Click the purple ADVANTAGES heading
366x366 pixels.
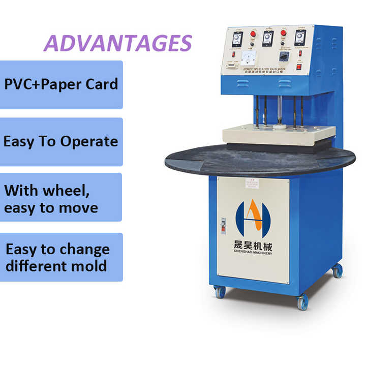pyautogui.click(x=118, y=44)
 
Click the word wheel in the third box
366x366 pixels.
pyautogui.click(x=70, y=191)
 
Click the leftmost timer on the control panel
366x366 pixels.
pyautogui.click(x=237, y=39)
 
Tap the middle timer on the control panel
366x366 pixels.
pyautogui.click(x=268, y=38)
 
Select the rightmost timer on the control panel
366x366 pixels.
pyautogui.click(x=300, y=37)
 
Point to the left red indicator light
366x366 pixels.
pyautogui.click(x=253, y=35)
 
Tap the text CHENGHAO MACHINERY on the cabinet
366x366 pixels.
pyautogui.click(x=253, y=253)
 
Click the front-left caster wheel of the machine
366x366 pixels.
pyautogui.click(x=220, y=292)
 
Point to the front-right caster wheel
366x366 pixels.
pyautogui.click(x=302, y=302)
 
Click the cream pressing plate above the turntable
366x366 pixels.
pyautogui.click(x=279, y=134)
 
